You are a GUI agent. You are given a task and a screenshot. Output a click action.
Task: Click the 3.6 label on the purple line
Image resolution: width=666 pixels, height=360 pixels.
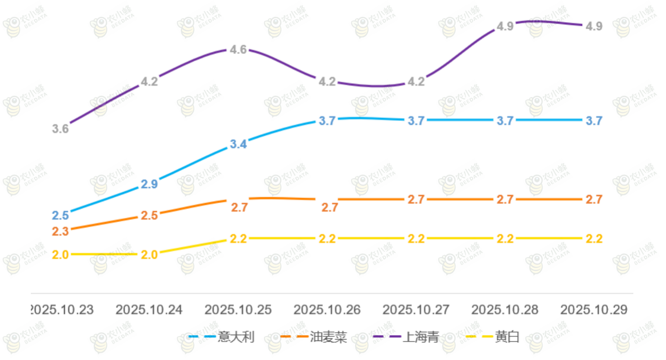coord(60,129)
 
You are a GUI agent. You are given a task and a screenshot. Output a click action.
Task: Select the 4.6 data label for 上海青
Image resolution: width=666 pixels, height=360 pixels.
coord(238,50)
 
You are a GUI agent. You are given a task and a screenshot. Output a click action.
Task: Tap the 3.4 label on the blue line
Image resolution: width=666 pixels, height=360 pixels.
coord(238,145)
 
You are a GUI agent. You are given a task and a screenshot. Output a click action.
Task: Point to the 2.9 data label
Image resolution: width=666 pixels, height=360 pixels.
coord(149,184)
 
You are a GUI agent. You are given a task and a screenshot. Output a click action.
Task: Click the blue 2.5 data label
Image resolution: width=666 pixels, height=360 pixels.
coord(60,215)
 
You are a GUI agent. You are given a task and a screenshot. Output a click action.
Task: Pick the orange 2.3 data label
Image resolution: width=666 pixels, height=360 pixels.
coord(60,231)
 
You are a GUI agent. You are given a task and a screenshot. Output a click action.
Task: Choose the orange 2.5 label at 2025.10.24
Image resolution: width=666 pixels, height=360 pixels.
coord(149,215)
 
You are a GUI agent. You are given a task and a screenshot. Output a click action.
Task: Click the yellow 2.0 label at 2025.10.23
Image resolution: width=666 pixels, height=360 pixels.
coord(60,255)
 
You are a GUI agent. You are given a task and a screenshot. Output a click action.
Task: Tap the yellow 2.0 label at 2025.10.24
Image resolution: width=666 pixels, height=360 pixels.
coord(149,255)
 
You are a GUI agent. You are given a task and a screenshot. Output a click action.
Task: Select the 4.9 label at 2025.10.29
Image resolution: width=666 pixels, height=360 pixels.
coord(594,26)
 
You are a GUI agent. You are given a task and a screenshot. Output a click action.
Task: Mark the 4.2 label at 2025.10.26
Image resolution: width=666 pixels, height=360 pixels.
coord(327,82)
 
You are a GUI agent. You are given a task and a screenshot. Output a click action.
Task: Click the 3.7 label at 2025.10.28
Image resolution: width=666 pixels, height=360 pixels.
coord(505,121)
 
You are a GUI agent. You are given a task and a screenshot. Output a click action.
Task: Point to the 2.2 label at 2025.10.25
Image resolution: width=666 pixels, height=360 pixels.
coord(238,239)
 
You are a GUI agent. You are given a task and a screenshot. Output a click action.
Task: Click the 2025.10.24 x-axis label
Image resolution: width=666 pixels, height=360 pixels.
coord(149,310)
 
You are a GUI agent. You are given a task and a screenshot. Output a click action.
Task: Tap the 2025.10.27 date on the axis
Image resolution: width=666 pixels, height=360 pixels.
coord(416,310)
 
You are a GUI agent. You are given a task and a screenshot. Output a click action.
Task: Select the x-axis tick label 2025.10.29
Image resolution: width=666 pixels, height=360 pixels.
coord(594,310)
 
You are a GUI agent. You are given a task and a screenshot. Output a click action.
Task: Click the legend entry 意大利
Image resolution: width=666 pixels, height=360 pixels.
coord(236,337)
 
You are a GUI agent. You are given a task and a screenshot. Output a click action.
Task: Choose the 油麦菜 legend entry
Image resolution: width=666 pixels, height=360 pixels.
coord(329,337)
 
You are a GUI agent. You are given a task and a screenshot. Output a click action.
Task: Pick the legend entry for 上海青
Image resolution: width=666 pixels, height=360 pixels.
coord(421,337)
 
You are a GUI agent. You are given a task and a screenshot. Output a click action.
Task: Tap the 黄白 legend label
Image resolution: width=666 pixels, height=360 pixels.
coord(507,337)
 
